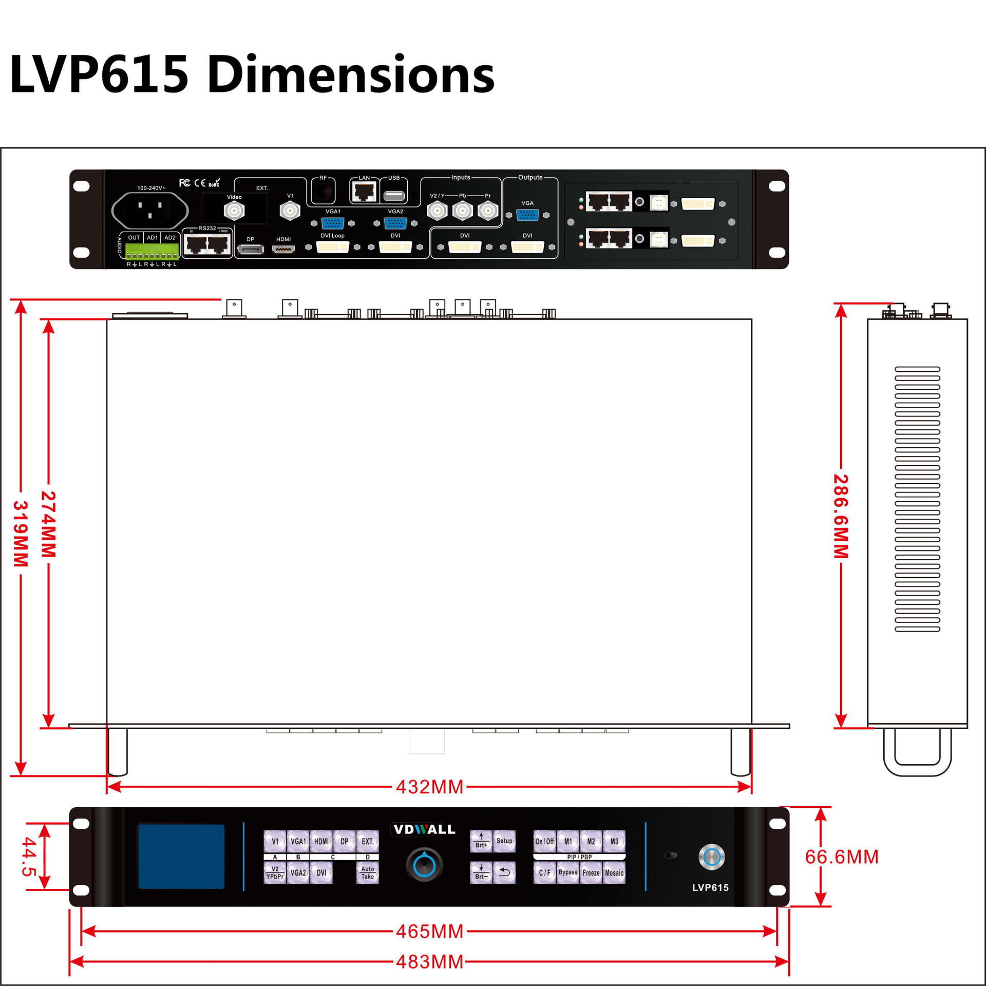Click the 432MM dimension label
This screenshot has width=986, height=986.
[429, 787]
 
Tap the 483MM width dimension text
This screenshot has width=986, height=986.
[429, 962]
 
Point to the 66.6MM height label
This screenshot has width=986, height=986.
[842, 857]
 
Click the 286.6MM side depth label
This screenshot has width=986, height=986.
[841, 516]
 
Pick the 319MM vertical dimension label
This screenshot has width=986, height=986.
[21, 534]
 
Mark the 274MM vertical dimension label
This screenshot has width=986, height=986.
[49, 524]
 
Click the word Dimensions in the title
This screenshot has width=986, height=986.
[351, 75]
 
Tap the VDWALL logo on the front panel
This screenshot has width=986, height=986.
[424, 829]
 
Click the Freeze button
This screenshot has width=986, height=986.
[591, 873]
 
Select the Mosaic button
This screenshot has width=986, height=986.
[614, 873]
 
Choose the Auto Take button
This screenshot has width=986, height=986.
[368, 873]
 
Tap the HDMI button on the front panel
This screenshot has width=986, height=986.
[321, 842]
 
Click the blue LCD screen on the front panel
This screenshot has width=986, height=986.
[181, 857]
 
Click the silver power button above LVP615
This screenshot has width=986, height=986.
[712, 857]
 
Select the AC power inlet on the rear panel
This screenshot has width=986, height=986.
[150, 210]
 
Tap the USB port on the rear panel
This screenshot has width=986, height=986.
[394, 196]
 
